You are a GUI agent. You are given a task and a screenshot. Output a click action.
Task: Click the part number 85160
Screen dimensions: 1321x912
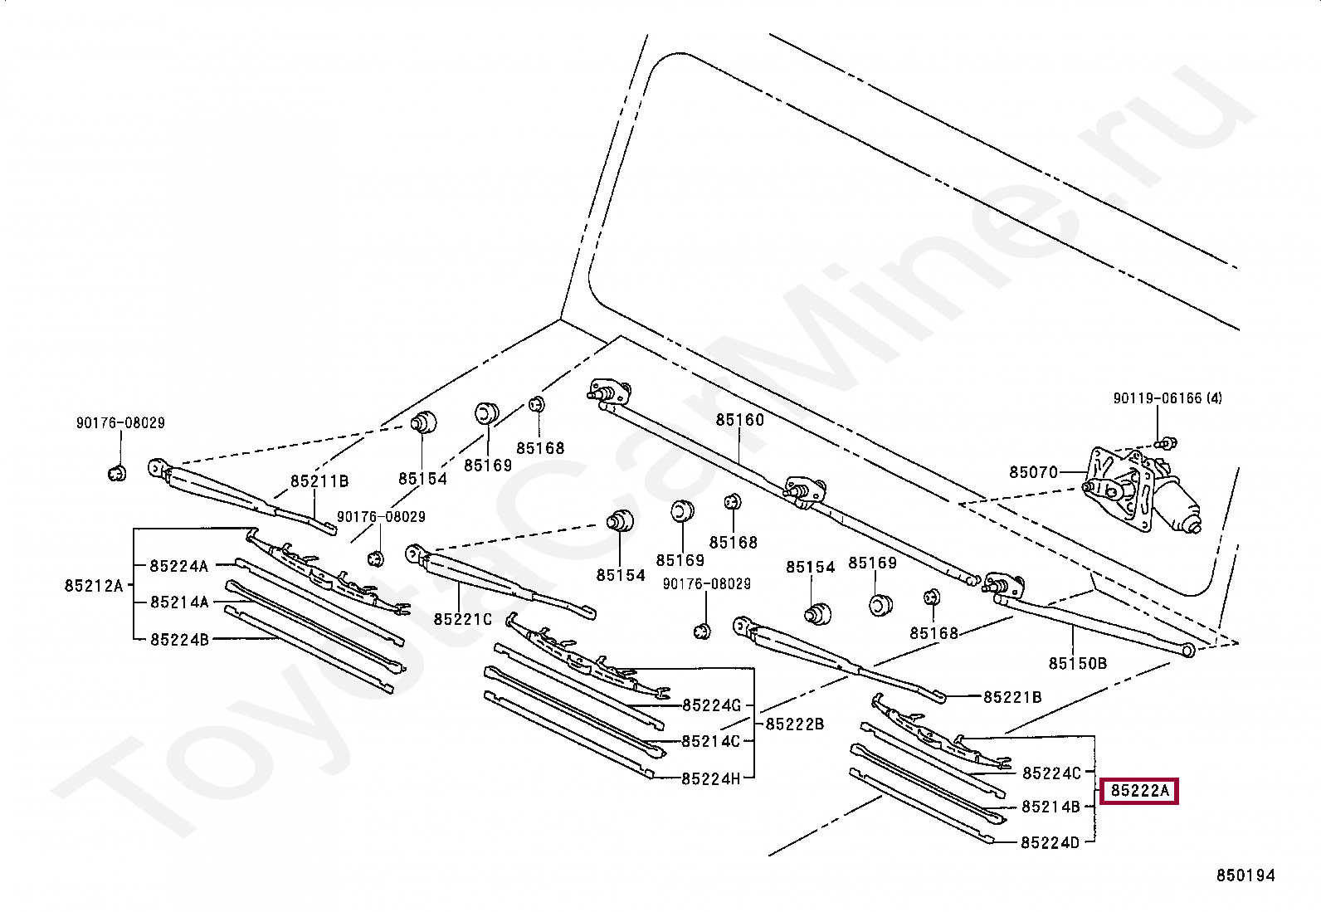739,420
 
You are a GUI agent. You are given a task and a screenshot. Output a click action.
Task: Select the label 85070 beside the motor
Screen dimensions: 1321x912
1033,472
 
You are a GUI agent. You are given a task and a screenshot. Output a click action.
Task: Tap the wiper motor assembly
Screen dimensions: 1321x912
1141,489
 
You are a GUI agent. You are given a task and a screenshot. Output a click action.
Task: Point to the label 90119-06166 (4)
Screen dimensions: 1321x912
1167,398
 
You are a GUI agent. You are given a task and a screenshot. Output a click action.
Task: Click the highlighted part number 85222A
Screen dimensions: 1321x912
1139,791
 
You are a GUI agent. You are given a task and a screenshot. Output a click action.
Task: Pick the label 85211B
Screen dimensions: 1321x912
319,481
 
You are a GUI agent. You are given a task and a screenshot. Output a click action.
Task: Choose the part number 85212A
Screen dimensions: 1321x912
94,586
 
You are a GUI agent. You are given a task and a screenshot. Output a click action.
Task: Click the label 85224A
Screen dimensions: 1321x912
178,566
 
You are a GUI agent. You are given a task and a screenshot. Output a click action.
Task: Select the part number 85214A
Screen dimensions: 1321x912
179,602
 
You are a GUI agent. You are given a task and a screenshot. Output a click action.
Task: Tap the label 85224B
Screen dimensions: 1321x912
179,640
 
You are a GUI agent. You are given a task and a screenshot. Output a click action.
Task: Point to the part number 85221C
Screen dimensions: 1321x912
462,619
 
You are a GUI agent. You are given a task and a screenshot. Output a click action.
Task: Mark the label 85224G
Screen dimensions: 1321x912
711,705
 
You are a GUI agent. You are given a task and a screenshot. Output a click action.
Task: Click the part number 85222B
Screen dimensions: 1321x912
794,724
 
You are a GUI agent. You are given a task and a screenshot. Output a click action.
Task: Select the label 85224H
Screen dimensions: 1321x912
710,779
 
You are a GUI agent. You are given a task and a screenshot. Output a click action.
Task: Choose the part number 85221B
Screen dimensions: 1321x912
1012,697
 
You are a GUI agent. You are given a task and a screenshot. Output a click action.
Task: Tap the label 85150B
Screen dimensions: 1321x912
1077,664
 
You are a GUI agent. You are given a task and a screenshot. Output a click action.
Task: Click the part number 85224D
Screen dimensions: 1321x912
1050,843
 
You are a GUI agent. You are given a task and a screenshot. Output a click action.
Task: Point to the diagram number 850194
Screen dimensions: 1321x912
1245,875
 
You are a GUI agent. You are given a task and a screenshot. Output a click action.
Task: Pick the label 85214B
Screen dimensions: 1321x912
1050,807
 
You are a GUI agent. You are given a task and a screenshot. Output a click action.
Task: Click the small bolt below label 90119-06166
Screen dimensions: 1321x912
1167,441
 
